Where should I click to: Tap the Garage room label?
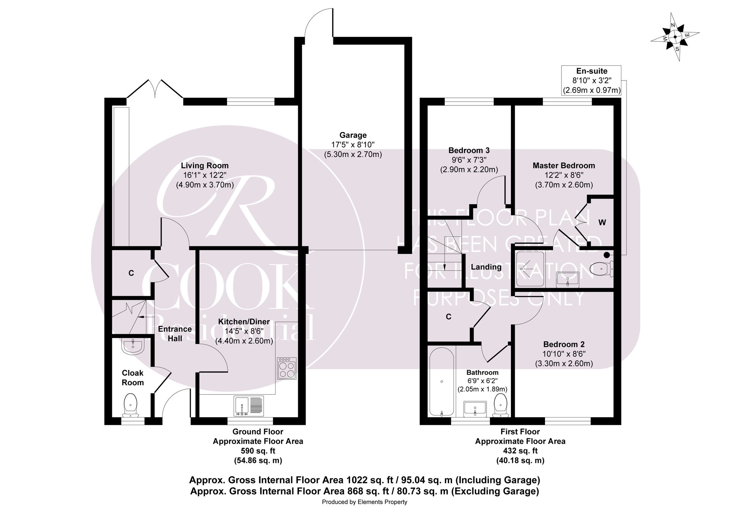[x=353, y=135]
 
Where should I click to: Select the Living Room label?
[x=205, y=165]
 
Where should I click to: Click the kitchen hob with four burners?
[x=287, y=368]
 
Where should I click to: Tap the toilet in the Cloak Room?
[x=130, y=405]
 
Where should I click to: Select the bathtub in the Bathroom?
[x=442, y=382]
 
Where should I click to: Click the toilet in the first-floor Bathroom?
[x=501, y=405]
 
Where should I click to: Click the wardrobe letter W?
[x=602, y=222]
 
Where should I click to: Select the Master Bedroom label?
[x=564, y=165]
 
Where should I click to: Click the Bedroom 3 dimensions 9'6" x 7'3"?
[x=469, y=160]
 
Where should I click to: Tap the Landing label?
[x=486, y=267]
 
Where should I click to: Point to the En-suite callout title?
[x=592, y=71]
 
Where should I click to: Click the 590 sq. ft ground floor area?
[x=258, y=451]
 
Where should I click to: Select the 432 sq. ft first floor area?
[x=520, y=451]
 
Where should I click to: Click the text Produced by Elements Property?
[x=364, y=502]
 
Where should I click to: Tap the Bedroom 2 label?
[x=564, y=344]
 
